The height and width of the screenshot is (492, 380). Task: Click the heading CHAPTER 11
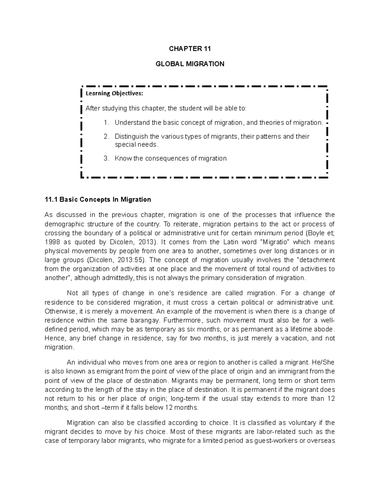point(190,48)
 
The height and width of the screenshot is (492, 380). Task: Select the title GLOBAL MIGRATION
point(190,64)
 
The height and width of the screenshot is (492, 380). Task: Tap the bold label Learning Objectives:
point(114,93)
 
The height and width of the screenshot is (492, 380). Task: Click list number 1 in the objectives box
point(106,123)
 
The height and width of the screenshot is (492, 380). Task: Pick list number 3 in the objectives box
point(106,158)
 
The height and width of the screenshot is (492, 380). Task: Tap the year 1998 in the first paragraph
point(51,242)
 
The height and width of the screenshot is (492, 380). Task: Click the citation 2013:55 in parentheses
point(131,260)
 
